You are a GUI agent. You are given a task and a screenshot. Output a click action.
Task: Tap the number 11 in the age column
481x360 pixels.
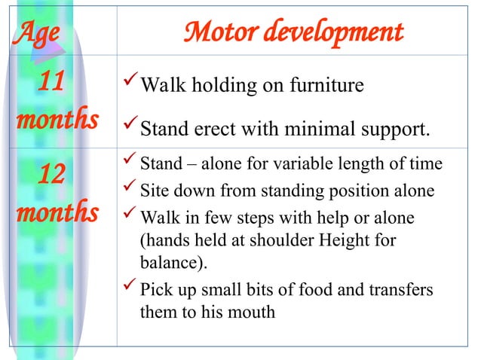[x=51, y=84]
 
